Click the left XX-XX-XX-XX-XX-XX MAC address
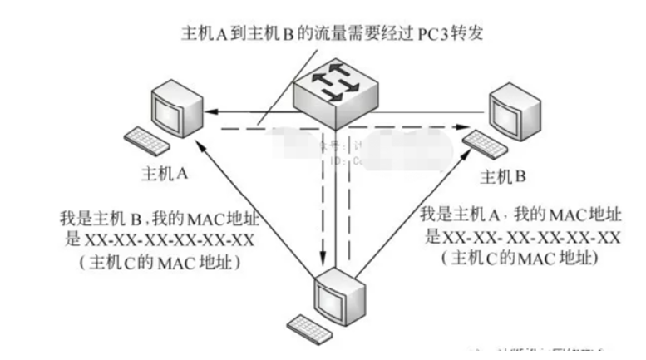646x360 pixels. (170, 240)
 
